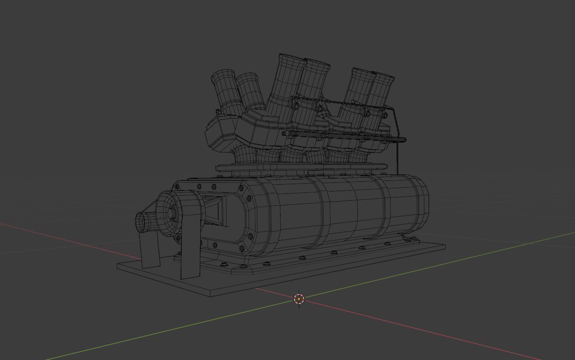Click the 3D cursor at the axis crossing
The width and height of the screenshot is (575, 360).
pyautogui.click(x=299, y=299)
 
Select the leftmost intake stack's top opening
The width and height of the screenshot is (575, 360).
pyautogui.click(x=223, y=75)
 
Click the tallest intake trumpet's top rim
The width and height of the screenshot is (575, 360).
pyautogui.click(x=291, y=58)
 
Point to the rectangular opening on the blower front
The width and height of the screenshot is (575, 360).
pyautogui.click(x=215, y=210)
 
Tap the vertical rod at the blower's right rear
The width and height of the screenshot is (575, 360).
pyautogui.click(x=397, y=159)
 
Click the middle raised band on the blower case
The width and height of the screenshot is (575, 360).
pyautogui.click(x=354, y=207)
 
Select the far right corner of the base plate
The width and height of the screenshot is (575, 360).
pyautogui.click(x=444, y=246)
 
